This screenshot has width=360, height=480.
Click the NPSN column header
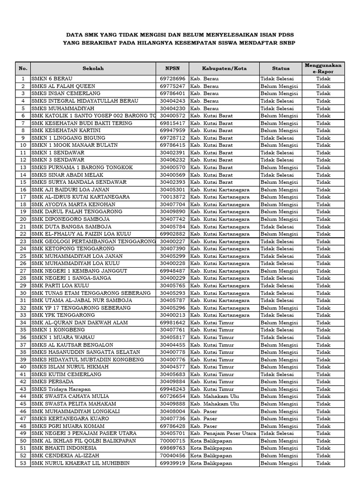click(172, 68)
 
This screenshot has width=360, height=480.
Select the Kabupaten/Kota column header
click(224, 68)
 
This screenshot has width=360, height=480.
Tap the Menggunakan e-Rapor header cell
click(323, 68)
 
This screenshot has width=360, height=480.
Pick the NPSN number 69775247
click(172, 86)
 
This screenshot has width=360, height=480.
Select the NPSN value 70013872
click(172, 197)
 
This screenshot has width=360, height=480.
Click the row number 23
click(22, 241)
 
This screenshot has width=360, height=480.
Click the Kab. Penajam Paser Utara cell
click(223, 434)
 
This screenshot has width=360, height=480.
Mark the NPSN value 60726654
click(172, 397)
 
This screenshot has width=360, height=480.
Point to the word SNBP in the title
click(286, 43)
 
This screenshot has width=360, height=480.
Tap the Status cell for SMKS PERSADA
click(279, 382)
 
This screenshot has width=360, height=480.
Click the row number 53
click(22, 463)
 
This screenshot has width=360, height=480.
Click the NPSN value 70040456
click(172, 456)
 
